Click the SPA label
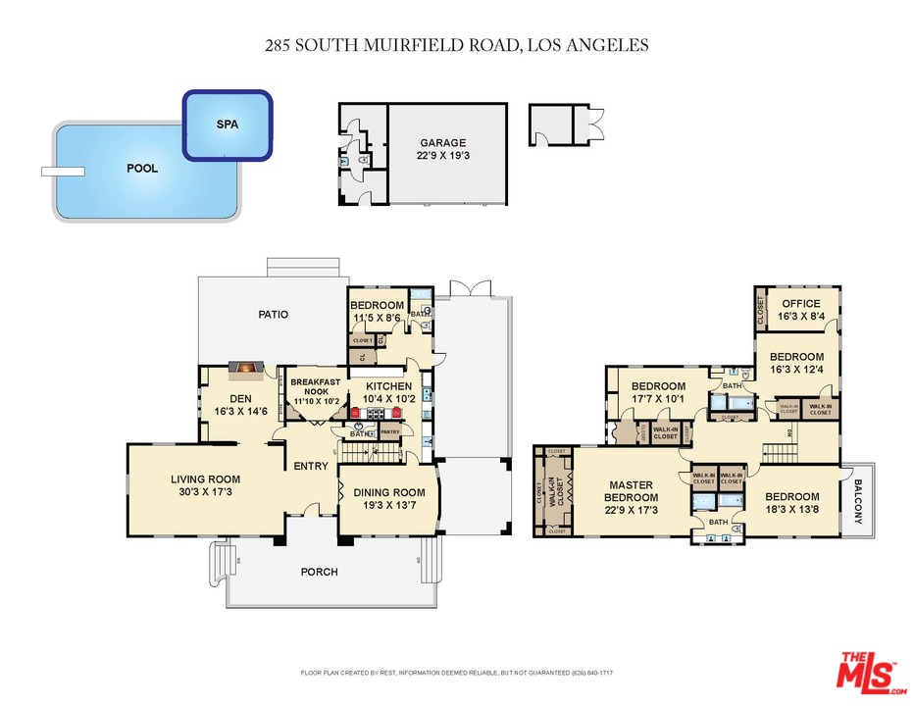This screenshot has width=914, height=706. pos(227,125)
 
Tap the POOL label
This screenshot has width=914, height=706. pos(142,168)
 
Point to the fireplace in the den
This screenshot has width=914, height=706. pos(245,370)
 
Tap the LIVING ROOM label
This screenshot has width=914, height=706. pos(205,485)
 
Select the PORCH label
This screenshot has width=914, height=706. pos(320,572)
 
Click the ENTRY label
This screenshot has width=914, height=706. pos(311,466)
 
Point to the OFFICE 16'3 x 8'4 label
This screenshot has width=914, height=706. pos(800,310)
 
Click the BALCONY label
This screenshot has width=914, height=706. pos(858,501)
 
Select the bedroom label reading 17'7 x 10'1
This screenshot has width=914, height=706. pos(657,392)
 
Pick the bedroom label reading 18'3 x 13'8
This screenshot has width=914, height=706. pos(792,503)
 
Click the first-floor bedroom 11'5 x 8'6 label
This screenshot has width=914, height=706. pos(378,311)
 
